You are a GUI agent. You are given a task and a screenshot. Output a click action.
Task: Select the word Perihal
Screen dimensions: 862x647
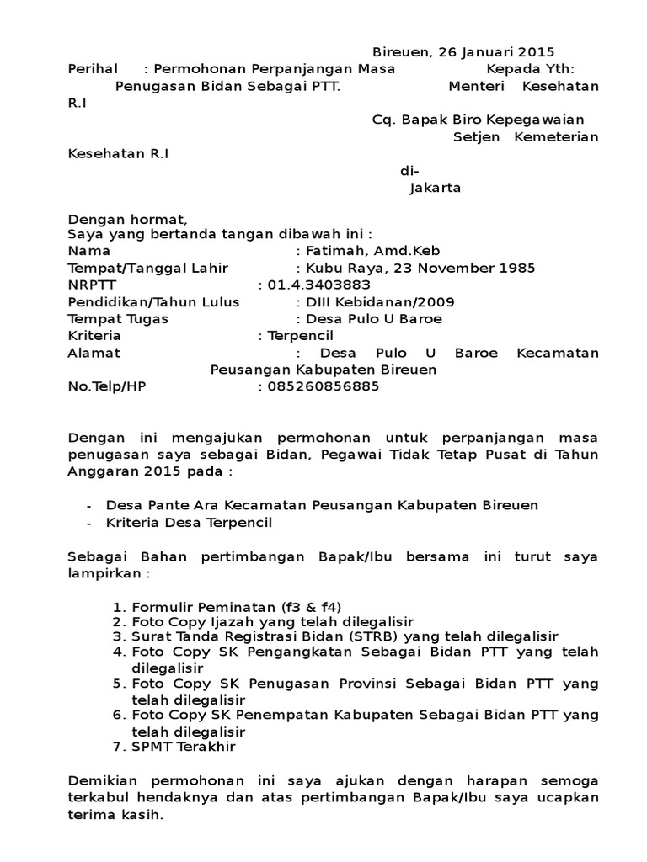[92, 69]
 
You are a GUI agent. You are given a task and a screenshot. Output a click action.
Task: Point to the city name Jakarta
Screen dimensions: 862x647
[435, 188]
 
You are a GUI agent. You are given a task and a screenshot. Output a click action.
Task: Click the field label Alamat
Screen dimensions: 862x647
[94, 353]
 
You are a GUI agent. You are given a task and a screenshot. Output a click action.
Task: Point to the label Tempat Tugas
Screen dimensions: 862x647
[118, 318]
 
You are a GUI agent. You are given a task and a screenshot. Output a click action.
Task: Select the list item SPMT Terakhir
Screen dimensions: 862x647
[184, 746]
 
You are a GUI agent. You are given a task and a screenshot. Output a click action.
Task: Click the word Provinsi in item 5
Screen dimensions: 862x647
[360, 683]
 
